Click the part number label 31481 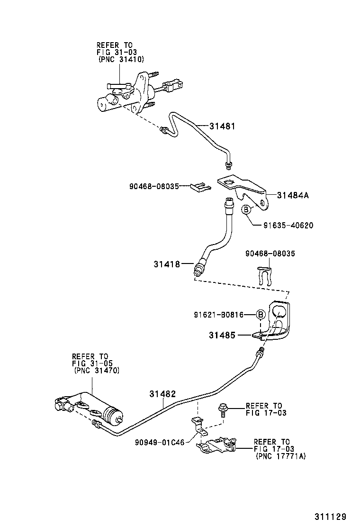[223, 127]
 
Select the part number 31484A [293, 195]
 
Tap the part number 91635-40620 [288, 226]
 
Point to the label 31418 [166, 264]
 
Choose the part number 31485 [223, 336]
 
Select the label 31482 [162, 394]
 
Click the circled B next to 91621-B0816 [260, 314]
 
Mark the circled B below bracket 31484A [246, 209]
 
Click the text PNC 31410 [121, 59]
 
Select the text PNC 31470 [97, 371]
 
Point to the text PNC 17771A [280, 456]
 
